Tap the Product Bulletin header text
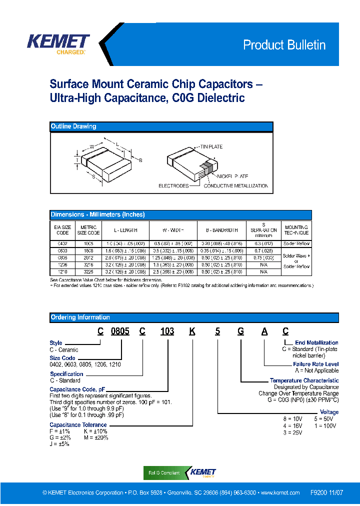[x=284, y=45]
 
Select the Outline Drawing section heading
[x=73, y=126]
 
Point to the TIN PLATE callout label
[x=211, y=146]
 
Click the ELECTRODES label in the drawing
[x=173, y=186]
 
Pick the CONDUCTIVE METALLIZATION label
[x=236, y=186]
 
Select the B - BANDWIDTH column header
[x=221, y=230]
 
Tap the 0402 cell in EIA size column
[x=62, y=243]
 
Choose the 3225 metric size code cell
[x=87, y=271]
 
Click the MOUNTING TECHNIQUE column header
[x=296, y=230]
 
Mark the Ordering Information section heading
[x=80, y=317]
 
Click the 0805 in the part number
[x=120, y=331]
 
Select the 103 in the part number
[x=167, y=331]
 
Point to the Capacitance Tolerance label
[x=78, y=424]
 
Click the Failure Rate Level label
[x=315, y=364]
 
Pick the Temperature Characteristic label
[x=304, y=380]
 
